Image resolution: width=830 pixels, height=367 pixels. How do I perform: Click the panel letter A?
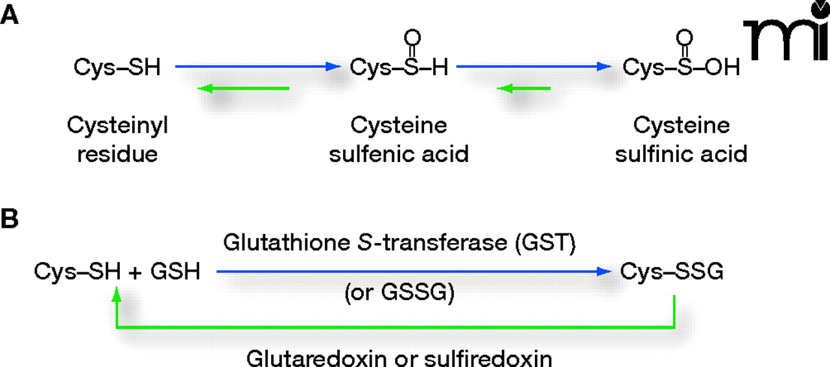pos(10,16)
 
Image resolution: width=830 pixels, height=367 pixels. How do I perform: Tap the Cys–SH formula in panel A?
pos(117,67)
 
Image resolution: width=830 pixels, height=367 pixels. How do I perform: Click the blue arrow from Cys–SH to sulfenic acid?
pos(257,66)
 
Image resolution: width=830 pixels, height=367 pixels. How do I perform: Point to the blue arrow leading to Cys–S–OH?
pos(534,66)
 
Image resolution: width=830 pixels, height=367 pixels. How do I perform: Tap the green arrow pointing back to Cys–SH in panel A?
pos(243,88)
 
